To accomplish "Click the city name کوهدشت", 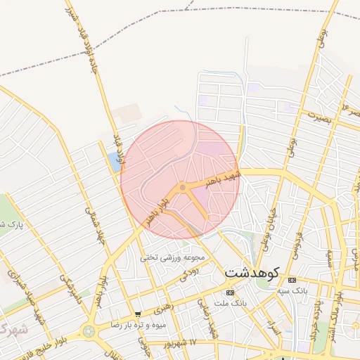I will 252,271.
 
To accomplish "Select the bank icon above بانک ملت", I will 230,292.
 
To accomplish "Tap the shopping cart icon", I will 139,314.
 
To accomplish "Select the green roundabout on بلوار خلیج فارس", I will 89,331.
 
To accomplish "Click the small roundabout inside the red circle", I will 183,187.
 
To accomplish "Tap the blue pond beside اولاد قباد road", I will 113,162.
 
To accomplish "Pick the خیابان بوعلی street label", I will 268,218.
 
